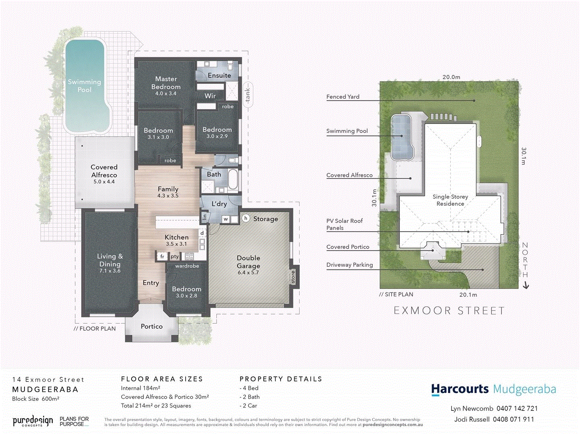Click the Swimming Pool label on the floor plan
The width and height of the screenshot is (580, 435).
pos(84,86)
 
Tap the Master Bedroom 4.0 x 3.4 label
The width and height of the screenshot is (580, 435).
pos(166,86)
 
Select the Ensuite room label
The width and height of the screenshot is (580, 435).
pos(219,75)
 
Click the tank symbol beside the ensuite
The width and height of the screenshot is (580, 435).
pos(248,95)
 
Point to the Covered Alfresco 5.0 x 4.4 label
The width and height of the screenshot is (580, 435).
pos(104,174)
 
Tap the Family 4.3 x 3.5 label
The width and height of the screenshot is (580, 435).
pos(168,192)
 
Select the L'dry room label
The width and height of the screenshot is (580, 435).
pos(219,204)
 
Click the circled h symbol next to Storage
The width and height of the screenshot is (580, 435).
pos(246,218)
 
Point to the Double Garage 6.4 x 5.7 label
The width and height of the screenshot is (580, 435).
pos(248,265)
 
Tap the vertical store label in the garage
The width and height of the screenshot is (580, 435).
pos(293,277)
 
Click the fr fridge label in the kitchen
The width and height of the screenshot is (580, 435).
pos(162,256)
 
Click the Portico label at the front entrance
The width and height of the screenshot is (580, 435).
pos(152,326)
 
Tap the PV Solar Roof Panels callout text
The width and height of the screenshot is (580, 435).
pos(344,224)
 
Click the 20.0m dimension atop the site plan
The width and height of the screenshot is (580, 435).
pos(451,77)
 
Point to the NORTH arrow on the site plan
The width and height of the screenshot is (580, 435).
pos(525,266)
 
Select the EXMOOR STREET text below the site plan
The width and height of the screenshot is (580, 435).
pos(449,311)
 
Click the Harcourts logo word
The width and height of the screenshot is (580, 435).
pos(460,389)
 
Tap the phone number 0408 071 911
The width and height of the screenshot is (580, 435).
pos(513,419)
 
